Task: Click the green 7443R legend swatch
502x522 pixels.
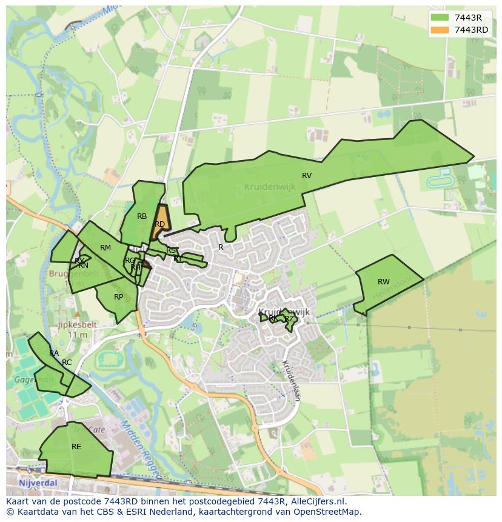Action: tap(440, 18)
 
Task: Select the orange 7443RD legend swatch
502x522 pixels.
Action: tap(440, 30)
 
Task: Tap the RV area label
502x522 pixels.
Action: tap(307, 176)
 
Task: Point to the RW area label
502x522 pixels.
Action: tap(383, 282)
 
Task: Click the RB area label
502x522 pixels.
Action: tap(142, 216)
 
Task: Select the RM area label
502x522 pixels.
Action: tap(105, 248)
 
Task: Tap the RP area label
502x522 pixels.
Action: tap(118, 297)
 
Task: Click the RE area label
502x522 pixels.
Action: tap(76, 447)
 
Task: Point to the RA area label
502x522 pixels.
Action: tap(54, 353)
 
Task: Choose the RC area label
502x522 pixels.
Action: tap(67, 363)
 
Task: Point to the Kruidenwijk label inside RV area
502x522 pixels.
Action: tap(270, 187)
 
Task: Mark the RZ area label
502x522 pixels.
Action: tap(289, 319)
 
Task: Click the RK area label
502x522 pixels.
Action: tap(273, 318)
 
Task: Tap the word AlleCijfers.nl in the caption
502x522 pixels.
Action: tap(318, 501)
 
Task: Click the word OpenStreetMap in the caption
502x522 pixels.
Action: tap(329, 512)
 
